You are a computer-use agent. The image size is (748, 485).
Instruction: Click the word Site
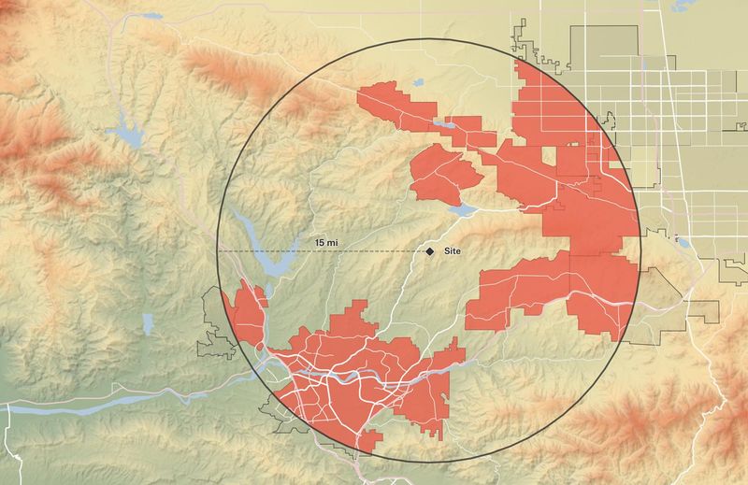tap(453, 251)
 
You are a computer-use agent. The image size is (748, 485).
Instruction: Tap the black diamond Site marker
tap(430, 251)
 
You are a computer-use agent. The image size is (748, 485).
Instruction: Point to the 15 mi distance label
tap(327, 243)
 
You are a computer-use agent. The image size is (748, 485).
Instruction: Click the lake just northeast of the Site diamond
tap(463, 210)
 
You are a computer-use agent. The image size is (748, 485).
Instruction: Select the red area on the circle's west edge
tap(249, 313)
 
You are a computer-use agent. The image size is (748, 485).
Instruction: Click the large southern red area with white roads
tap(365, 374)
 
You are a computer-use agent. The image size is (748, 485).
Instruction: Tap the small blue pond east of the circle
tap(682, 243)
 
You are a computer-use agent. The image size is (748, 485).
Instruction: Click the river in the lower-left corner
tap(93, 407)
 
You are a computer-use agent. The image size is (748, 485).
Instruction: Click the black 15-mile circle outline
tap(428, 39)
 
